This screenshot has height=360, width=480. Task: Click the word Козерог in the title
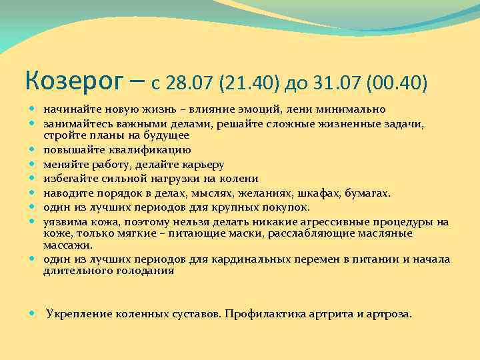[73, 81]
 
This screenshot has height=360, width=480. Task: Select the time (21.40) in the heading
[248, 83]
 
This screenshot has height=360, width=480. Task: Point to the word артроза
[389, 313]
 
